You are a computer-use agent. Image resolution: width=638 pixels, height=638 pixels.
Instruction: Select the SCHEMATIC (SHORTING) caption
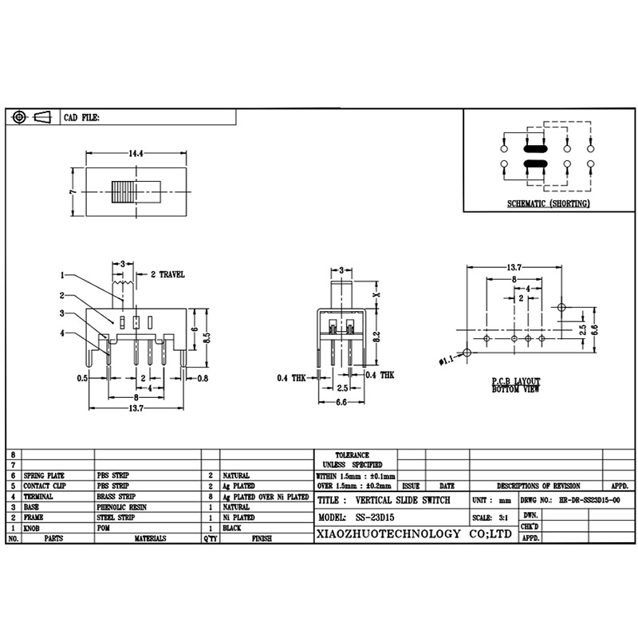pos(549,204)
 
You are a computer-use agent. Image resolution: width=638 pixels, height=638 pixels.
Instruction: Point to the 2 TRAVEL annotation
pos(167,274)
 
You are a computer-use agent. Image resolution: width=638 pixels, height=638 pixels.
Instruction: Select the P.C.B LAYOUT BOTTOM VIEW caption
pos(516,386)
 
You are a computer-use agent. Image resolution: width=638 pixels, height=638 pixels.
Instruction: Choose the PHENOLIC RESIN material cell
pos(121,506)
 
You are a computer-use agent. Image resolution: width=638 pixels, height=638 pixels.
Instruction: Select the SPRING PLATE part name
pos(44,475)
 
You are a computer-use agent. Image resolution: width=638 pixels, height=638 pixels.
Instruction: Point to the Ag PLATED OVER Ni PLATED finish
pos(265,496)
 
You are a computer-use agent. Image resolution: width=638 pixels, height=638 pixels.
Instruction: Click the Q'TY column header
pos(210,539)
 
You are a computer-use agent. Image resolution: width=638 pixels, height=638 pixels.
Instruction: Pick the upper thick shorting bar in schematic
pos(534,148)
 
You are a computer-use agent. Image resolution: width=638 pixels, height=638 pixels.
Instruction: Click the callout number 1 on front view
pos(61,275)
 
